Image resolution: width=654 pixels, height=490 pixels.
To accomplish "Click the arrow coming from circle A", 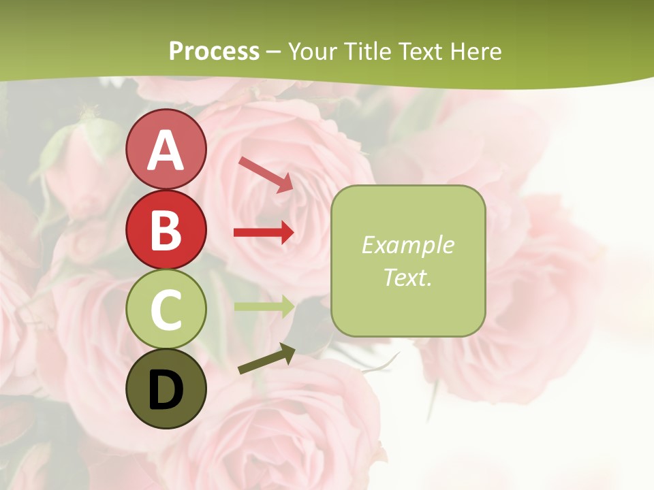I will pos(266,174).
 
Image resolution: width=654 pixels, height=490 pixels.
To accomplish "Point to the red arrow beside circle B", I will pos(264,233).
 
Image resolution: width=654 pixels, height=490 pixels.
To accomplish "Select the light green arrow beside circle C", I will pos(264,306).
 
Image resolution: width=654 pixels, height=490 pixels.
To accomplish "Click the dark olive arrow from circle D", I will pos(266,359).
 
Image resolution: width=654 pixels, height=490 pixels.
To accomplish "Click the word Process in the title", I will pos(214,51).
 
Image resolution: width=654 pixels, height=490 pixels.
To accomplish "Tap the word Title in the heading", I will pos(368,51).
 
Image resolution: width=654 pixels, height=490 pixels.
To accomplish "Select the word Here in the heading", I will pos(478,51).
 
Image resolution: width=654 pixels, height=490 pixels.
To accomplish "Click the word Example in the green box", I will pos(407,245).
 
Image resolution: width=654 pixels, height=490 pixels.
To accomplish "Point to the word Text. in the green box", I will pos(407,277).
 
